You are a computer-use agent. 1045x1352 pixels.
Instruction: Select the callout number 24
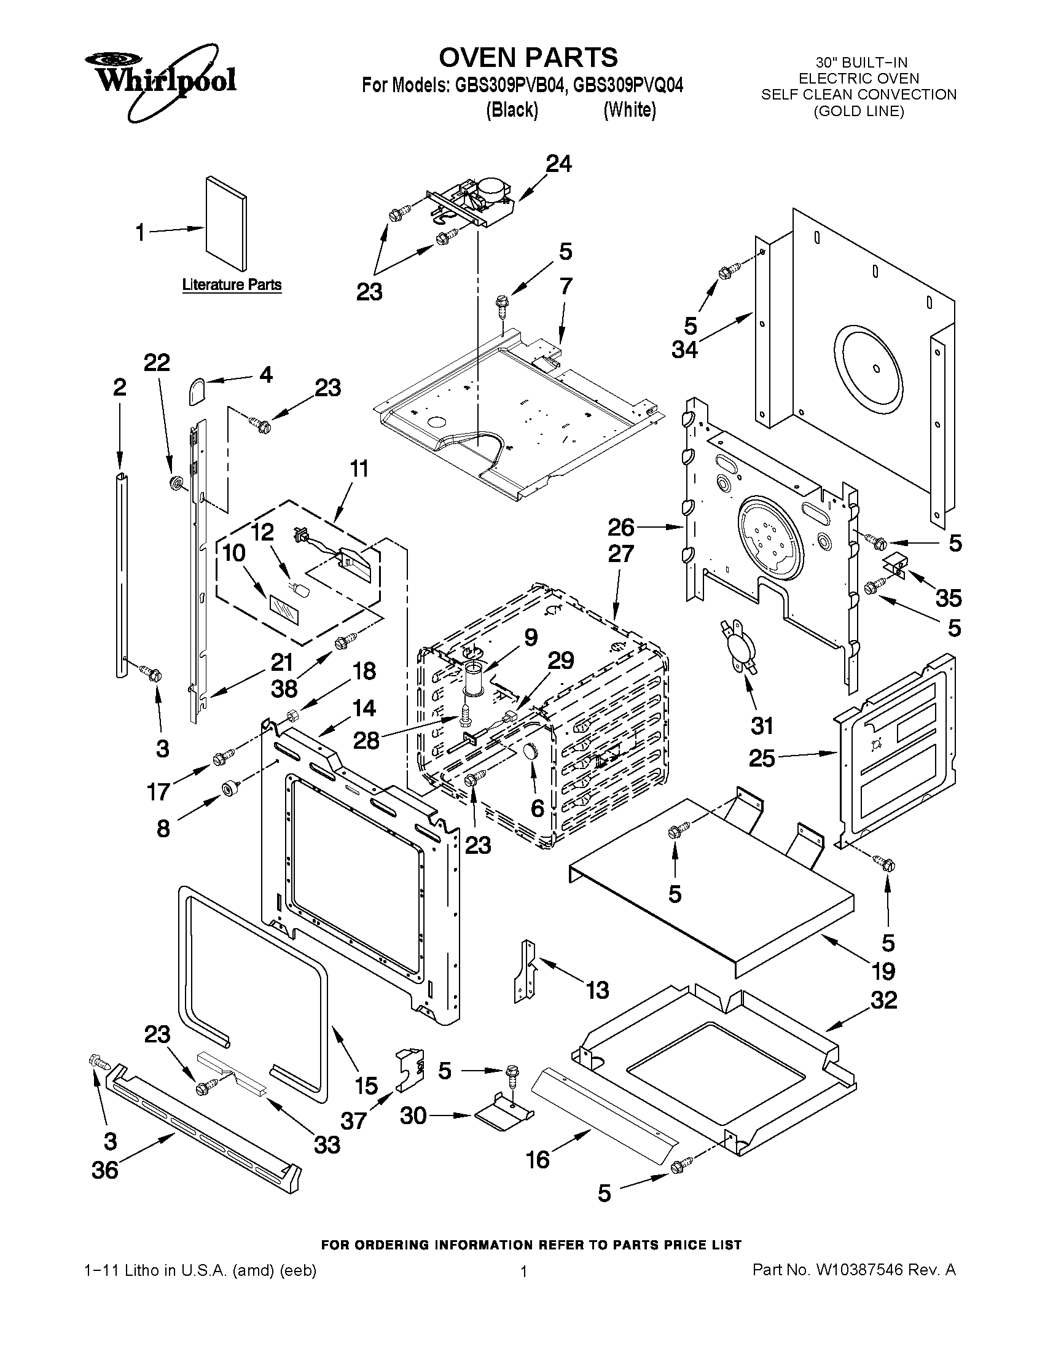coord(558,164)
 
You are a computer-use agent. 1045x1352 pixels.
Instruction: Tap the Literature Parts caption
coord(232,285)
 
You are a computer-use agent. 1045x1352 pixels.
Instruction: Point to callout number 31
coord(762,725)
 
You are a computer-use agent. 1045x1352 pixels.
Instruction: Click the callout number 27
coord(620,553)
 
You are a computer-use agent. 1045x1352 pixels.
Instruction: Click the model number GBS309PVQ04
coord(628,85)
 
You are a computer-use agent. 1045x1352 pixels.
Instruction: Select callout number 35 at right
coord(948,598)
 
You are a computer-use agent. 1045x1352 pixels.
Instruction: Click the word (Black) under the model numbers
coord(511,110)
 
